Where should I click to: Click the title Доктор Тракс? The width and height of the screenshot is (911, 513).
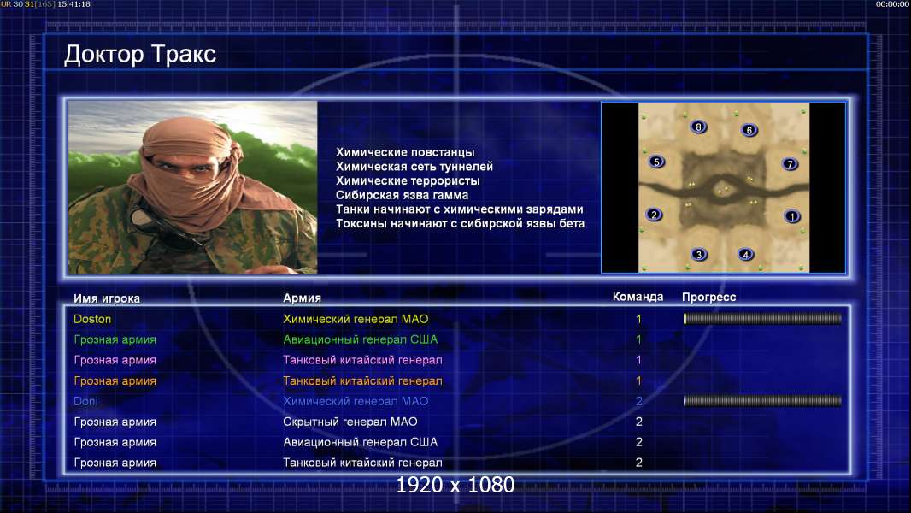[x=140, y=55]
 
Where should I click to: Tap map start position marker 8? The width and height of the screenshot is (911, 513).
[x=698, y=127]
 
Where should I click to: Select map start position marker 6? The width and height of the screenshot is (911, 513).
[x=749, y=130]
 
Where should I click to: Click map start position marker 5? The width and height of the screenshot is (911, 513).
[x=656, y=162]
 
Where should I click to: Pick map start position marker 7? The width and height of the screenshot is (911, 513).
[x=791, y=164]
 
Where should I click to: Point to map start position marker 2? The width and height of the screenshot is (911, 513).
[x=655, y=215]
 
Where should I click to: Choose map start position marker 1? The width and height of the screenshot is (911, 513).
[x=792, y=216]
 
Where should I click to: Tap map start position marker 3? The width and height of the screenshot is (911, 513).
[x=699, y=255]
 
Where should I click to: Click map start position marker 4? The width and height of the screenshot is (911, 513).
[x=746, y=255]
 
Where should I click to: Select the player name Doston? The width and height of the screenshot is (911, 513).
[x=92, y=319]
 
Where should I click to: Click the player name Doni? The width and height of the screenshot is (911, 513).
[x=86, y=401]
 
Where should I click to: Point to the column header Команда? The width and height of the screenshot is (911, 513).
[x=638, y=297]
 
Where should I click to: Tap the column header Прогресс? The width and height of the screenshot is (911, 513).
[x=708, y=298]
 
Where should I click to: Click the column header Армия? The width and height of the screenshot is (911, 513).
[x=303, y=298]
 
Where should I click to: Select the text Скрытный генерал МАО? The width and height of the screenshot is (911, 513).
[x=350, y=422]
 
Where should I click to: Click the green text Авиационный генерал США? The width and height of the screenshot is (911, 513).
[x=361, y=339]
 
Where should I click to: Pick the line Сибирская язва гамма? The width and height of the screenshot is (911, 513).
[x=402, y=195]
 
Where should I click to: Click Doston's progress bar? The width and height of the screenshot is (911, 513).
[x=762, y=318]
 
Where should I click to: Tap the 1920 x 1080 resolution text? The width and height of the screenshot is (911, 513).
[x=455, y=485]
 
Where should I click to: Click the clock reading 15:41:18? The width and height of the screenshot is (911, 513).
[x=73, y=4]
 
